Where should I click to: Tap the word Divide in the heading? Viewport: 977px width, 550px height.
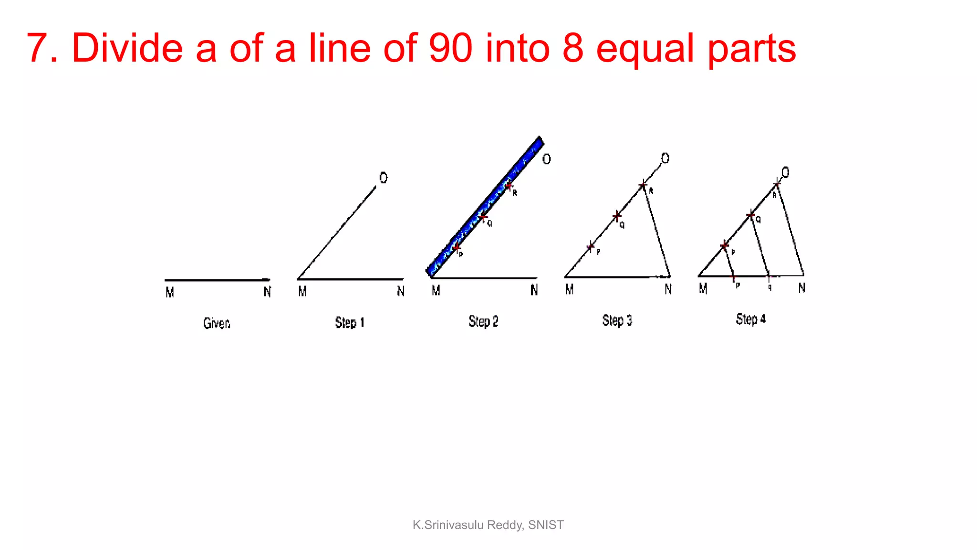coord(127,48)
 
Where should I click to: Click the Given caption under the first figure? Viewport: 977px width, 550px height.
coord(217,323)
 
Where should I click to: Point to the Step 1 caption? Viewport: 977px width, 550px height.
coord(350,323)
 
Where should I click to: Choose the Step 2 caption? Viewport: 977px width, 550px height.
coord(483,322)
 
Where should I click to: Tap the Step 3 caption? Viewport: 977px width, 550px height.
coord(617,320)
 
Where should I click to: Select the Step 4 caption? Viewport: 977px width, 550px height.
coord(750,319)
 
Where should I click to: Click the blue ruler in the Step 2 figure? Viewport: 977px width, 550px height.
coord(484,207)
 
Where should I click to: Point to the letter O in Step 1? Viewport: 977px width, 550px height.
coord(384,178)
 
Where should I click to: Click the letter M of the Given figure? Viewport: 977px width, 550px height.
coord(169,292)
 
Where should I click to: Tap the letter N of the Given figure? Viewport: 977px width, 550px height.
coord(267,292)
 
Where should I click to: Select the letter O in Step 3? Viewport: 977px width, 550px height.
coord(665,158)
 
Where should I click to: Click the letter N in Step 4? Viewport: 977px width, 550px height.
coord(802,288)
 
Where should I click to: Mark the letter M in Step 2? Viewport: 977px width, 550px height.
coord(436,290)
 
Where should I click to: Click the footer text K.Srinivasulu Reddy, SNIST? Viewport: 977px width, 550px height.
coord(488,525)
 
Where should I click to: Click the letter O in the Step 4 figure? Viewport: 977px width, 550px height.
coord(785,172)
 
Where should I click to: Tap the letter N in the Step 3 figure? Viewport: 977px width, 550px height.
coord(668,289)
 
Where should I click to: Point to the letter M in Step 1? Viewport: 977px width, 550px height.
coord(302,291)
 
